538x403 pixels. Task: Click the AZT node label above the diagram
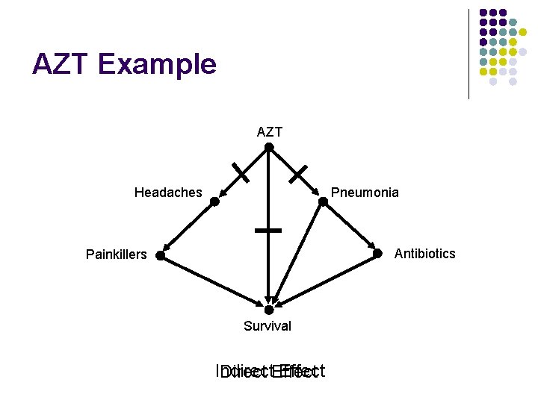269,132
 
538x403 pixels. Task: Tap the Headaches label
168,193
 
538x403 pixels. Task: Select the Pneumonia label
365,193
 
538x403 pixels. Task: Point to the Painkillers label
117,254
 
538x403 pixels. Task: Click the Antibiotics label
424,254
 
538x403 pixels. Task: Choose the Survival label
268,326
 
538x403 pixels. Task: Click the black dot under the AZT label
269,147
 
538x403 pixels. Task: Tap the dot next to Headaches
214,201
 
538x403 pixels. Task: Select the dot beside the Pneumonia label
323,201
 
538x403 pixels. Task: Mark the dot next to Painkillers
160,256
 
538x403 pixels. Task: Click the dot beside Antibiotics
378,255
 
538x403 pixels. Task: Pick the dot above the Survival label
269,310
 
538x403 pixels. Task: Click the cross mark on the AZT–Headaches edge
241,174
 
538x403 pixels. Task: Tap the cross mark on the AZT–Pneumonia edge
298,175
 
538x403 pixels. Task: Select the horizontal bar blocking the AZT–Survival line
268,231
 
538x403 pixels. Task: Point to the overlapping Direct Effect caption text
269,372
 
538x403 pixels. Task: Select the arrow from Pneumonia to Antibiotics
350,228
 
